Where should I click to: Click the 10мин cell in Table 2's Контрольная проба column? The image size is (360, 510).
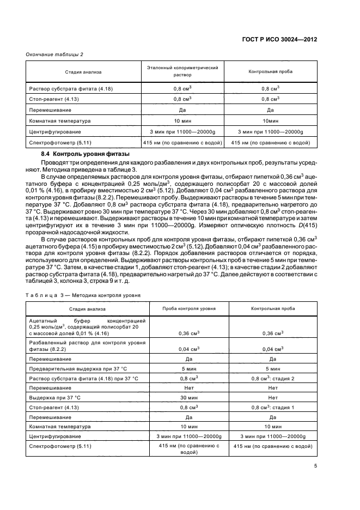pos(270,120)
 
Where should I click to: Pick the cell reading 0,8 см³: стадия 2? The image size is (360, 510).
pos(272,378)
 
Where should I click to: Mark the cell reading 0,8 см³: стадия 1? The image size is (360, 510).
pos(272,407)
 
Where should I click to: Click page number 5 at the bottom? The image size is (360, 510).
pos(315,465)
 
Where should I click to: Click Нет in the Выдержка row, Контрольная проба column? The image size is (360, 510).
pos(272,397)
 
